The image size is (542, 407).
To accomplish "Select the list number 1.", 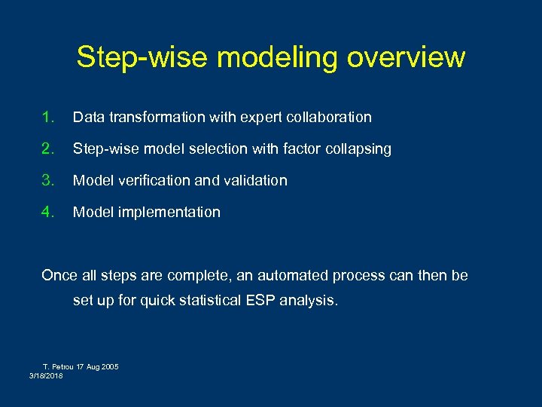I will pyautogui.click(x=49, y=117).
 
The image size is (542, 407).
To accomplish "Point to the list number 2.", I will pyautogui.click(x=49, y=148).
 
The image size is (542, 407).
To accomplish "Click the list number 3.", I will pyautogui.click(x=49, y=180).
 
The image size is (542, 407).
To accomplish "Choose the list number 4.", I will pyautogui.click(x=49, y=212).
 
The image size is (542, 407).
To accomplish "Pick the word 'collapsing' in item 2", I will pyautogui.click(x=357, y=149).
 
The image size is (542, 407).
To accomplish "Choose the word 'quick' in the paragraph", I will pyautogui.click(x=160, y=301).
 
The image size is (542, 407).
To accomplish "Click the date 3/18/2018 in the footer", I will pyautogui.click(x=47, y=375).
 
